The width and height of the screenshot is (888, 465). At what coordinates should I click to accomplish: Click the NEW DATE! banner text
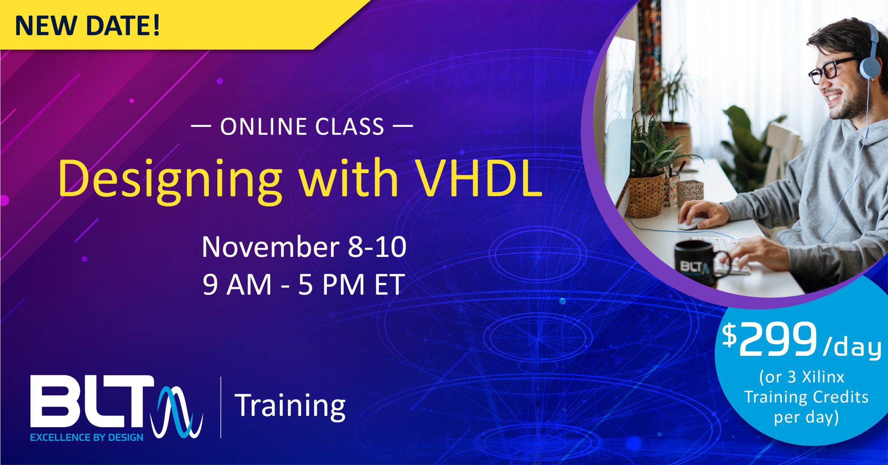[x=88, y=25]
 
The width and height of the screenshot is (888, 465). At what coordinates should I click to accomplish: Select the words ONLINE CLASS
[x=302, y=127]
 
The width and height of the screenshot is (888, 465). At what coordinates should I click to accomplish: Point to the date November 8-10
[x=304, y=247]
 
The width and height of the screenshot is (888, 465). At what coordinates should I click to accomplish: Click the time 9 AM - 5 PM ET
[x=303, y=285]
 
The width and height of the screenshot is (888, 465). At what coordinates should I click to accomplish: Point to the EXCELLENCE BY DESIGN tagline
[x=87, y=437]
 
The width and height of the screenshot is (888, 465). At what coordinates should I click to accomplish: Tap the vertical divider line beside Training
[x=221, y=407]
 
